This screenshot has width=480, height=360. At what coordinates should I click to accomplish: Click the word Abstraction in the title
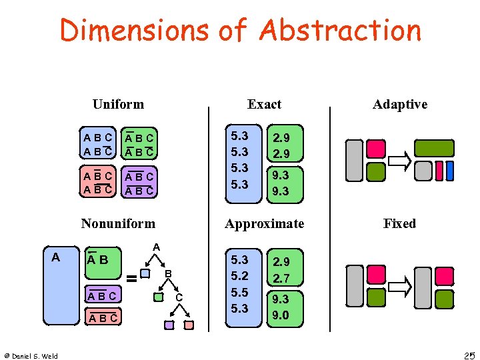pyautogui.click(x=340, y=31)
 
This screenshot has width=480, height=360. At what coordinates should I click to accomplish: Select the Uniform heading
pyautogui.click(x=118, y=104)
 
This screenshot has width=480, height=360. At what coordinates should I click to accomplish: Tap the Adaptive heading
pyautogui.click(x=400, y=104)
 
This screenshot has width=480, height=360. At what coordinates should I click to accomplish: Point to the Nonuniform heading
pyautogui.click(x=118, y=223)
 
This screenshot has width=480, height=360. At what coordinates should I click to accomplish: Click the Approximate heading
pyautogui.click(x=265, y=223)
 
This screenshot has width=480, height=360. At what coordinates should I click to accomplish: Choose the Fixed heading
pyautogui.click(x=399, y=223)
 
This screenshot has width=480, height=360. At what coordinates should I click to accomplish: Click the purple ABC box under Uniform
pyautogui.click(x=139, y=183)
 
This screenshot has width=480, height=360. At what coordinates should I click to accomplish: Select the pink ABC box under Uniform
pyautogui.click(x=97, y=183)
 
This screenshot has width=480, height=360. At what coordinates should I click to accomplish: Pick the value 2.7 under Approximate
pyautogui.click(x=281, y=278)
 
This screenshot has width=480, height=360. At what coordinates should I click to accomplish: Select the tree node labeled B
pyautogui.click(x=168, y=273)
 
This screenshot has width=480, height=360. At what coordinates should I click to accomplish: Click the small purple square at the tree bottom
pyautogui.click(x=169, y=325)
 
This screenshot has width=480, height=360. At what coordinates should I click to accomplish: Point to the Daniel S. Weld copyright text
pyautogui.click(x=31, y=355)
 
